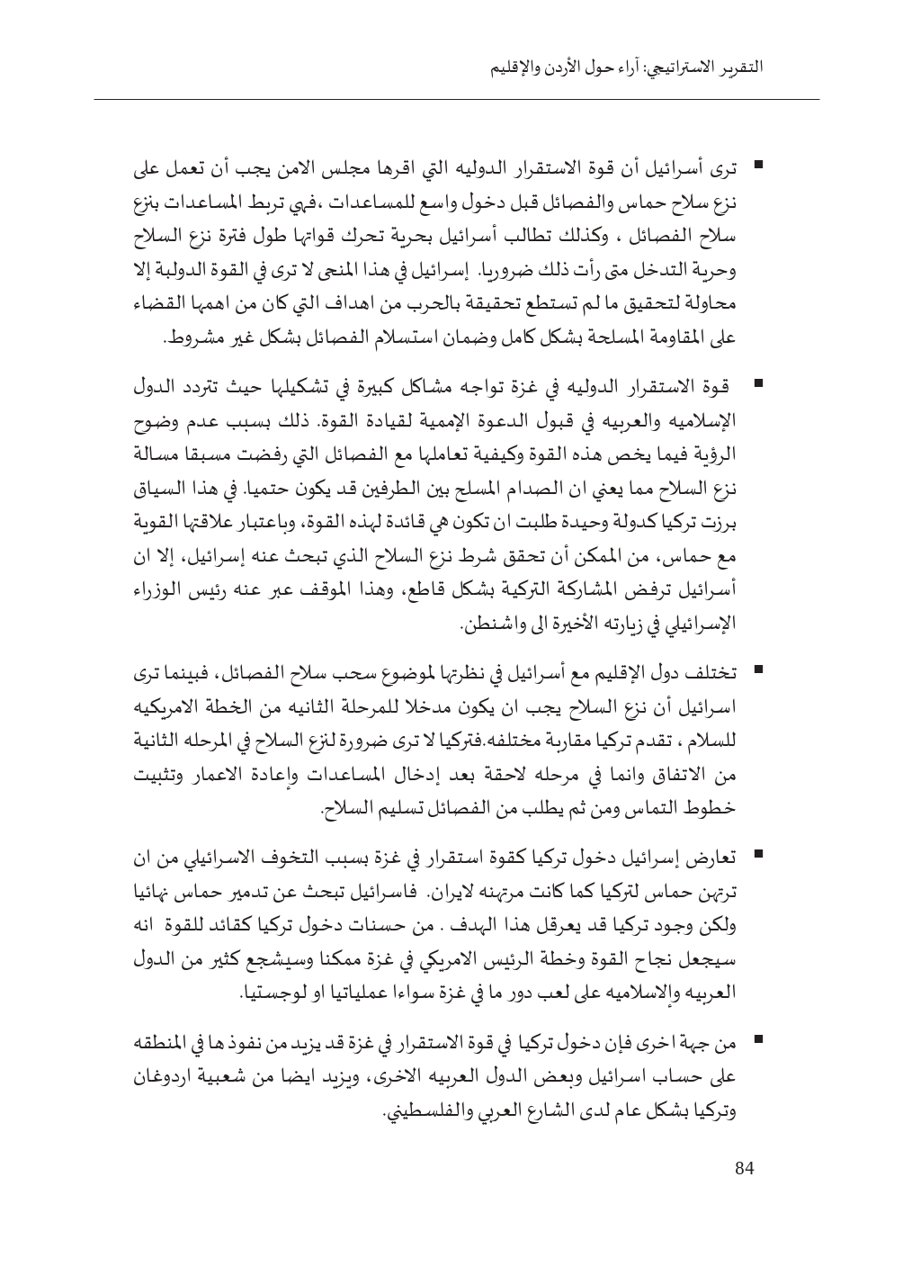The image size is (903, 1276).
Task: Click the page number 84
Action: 743,1169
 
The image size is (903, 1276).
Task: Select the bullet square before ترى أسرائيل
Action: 759,165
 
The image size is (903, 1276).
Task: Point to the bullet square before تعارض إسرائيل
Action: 759,851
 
